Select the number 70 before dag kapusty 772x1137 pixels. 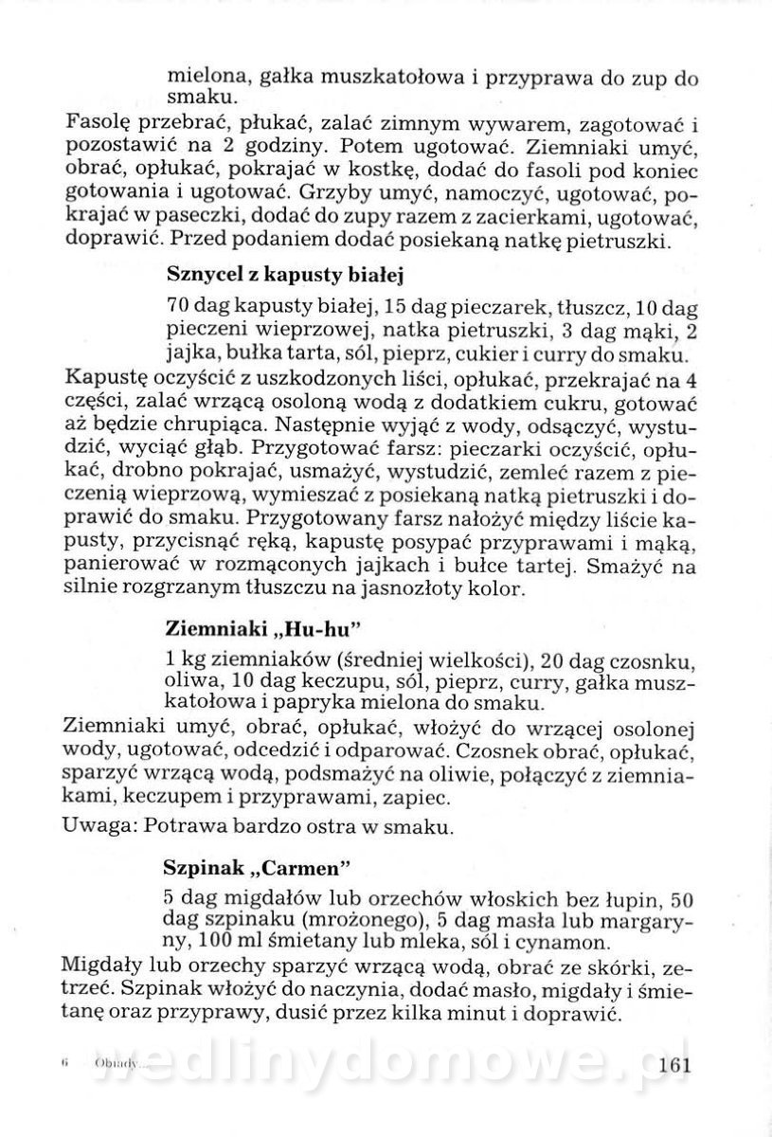pyautogui.click(x=177, y=309)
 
